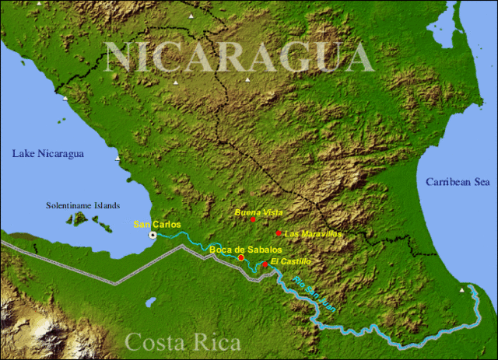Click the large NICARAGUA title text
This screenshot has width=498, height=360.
(x=239, y=56)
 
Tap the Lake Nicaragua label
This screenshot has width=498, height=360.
(x=47, y=154)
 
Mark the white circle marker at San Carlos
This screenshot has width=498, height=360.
(x=153, y=235)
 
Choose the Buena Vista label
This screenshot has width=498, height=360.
(x=259, y=211)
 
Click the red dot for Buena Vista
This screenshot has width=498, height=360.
(x=253, y=220)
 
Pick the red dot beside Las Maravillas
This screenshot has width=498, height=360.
(x=279, y=232)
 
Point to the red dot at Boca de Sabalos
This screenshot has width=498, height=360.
(x=241, y=257)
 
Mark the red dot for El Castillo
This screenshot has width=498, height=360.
(x=265, y=265)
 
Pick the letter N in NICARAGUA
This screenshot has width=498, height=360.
(x=117, y=57)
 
